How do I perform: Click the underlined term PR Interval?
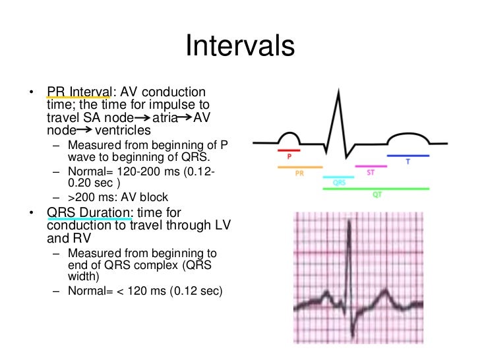(78, 92)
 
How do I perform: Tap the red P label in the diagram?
(289, 158)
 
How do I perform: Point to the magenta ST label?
(371, 173)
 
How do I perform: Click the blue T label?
(407, 162)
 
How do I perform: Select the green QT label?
(376, 195)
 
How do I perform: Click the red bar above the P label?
(289, 151)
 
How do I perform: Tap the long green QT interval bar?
(376, 188)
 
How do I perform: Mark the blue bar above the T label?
(407, 156)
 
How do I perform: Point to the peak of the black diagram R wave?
(338, 91)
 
